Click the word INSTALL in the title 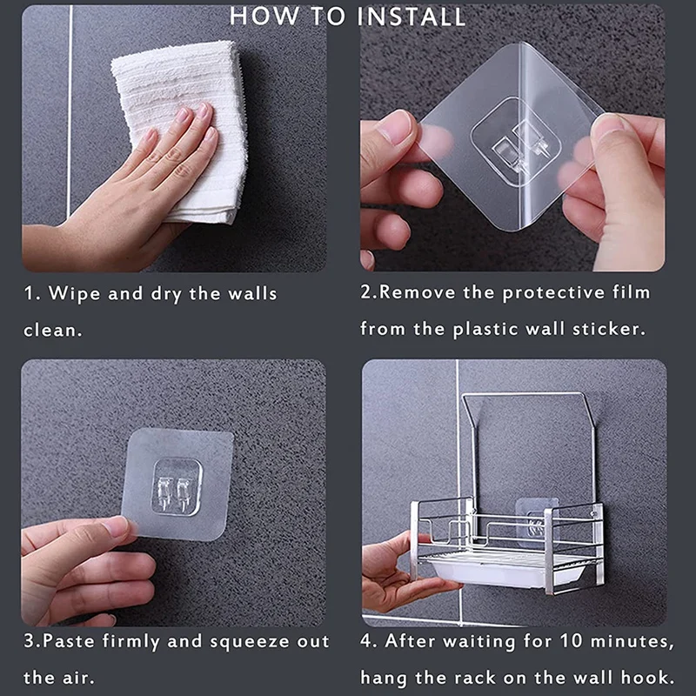point(411,17)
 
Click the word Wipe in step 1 point(74,294)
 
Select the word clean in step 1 point(52,331)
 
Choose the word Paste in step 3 point(69,641)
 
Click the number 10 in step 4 point(572,641)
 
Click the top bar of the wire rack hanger point(522,394)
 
